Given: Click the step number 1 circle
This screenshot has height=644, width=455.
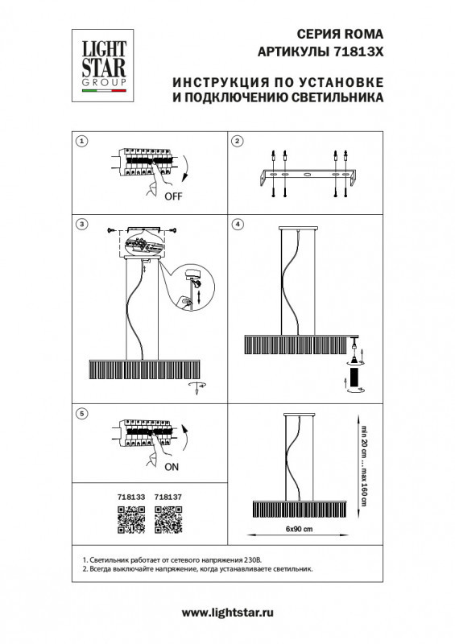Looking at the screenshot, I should point(81,142).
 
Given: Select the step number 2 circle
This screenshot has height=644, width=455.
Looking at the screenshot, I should point(238,142).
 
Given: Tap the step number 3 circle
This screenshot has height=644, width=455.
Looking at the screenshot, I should point(81,223).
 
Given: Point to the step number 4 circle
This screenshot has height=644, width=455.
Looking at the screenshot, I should point(238,223).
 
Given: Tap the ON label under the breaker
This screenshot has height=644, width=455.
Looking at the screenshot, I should point(172,466).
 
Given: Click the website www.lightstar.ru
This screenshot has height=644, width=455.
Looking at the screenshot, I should point(228,613).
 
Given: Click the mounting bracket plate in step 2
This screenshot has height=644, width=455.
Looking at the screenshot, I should point(306,175).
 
